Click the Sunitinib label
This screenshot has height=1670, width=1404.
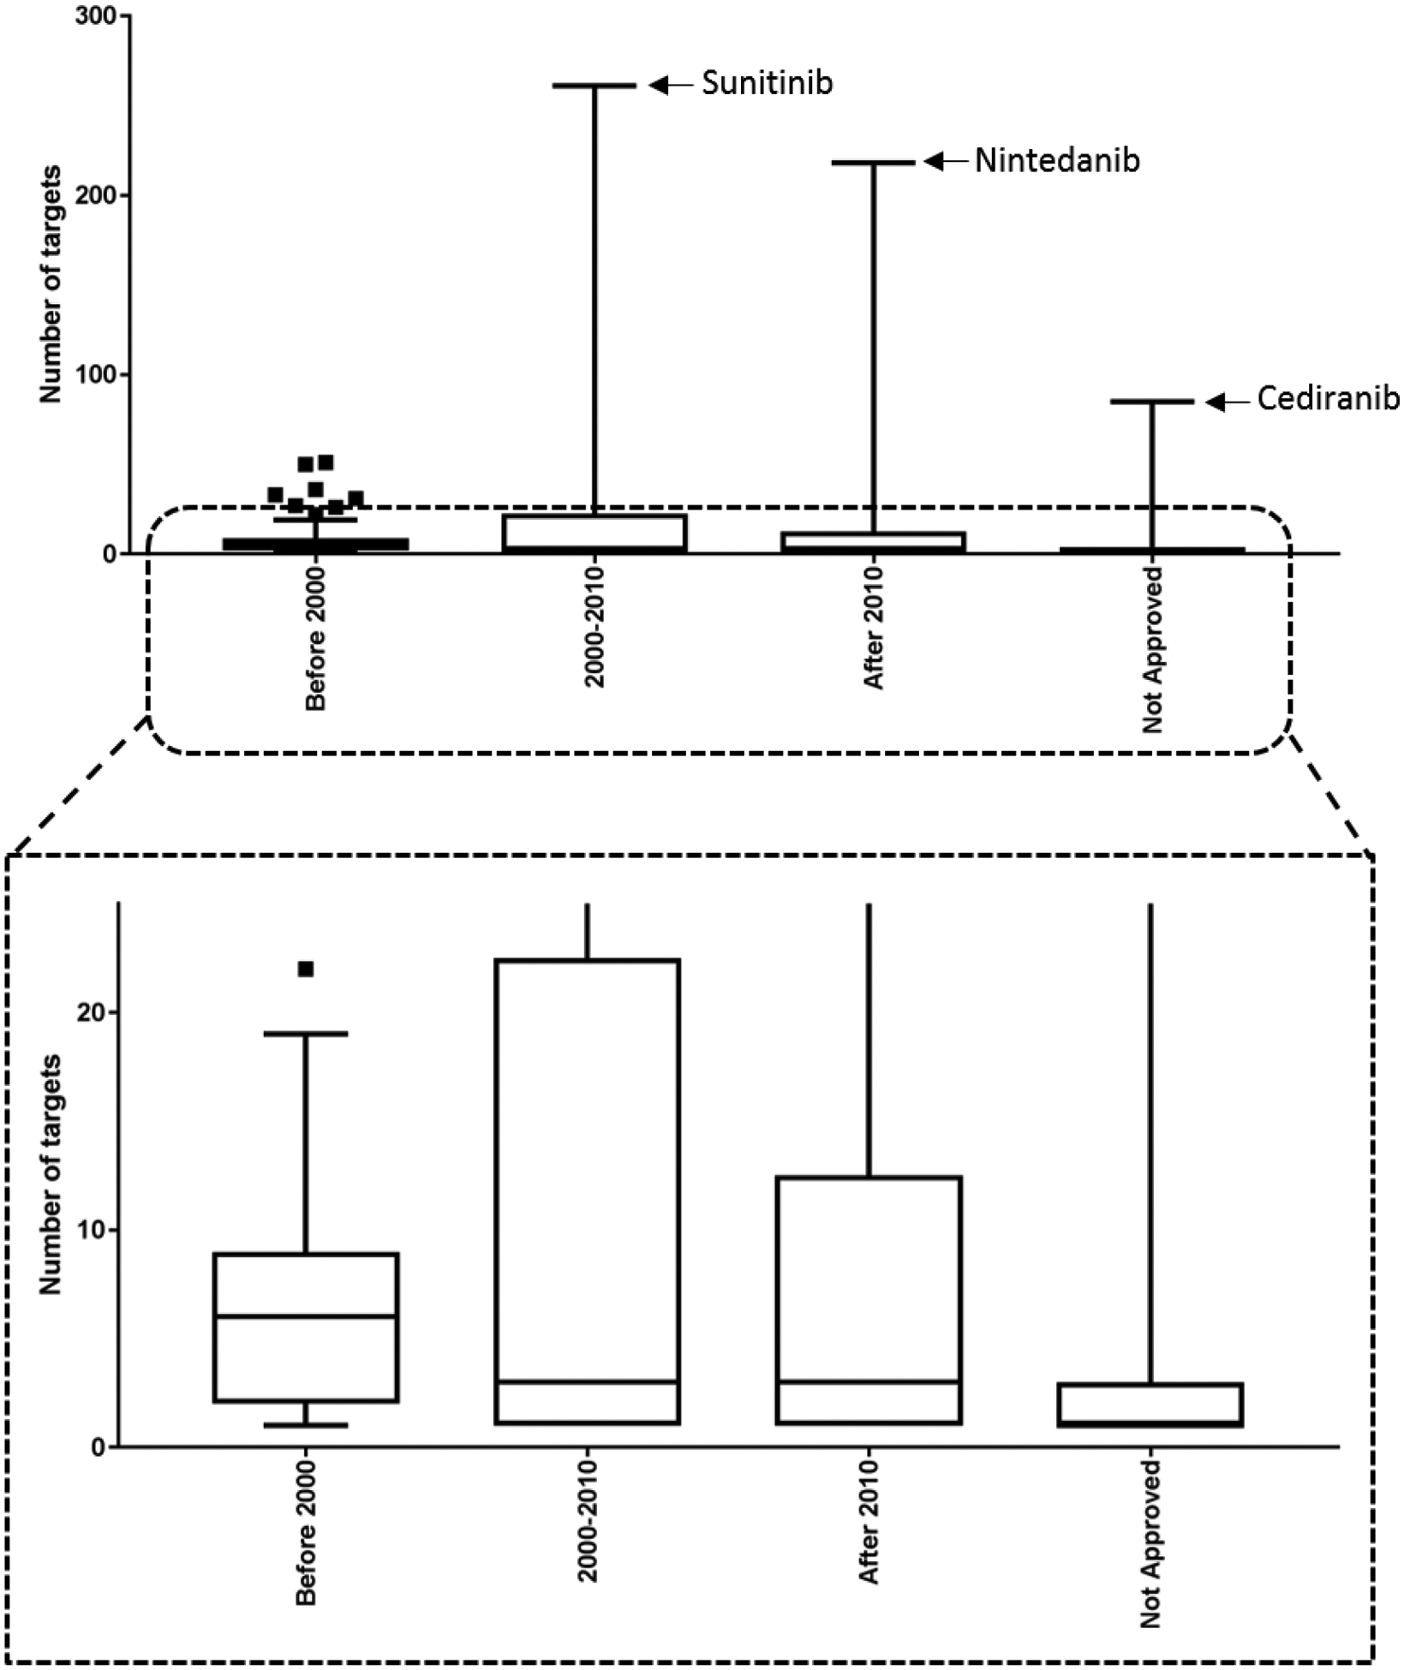(767, 83)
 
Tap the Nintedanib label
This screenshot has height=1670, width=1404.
(1057, 161)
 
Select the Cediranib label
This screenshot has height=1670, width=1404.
(1327, 399)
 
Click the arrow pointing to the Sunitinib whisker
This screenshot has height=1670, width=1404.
(671, 85)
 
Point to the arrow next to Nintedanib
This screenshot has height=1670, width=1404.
(946, 161)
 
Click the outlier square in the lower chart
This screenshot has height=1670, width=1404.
(306, 969)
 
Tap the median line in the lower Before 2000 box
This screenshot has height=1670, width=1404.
(306, 1316)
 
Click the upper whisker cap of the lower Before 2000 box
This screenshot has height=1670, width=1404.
(306, 1034)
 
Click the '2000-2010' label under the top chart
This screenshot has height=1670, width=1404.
(594, 627)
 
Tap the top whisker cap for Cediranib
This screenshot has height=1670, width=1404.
(1152, 402)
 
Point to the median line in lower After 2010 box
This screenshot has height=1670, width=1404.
(869, 1381)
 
